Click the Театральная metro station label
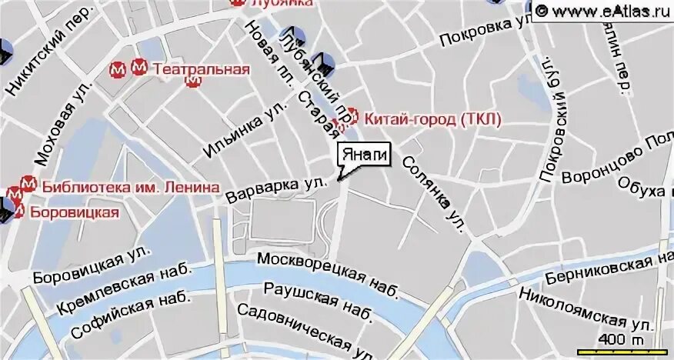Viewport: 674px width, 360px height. (201, 68)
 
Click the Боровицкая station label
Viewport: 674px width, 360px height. (75, 212)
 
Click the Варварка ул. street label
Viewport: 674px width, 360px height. (282, 188)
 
